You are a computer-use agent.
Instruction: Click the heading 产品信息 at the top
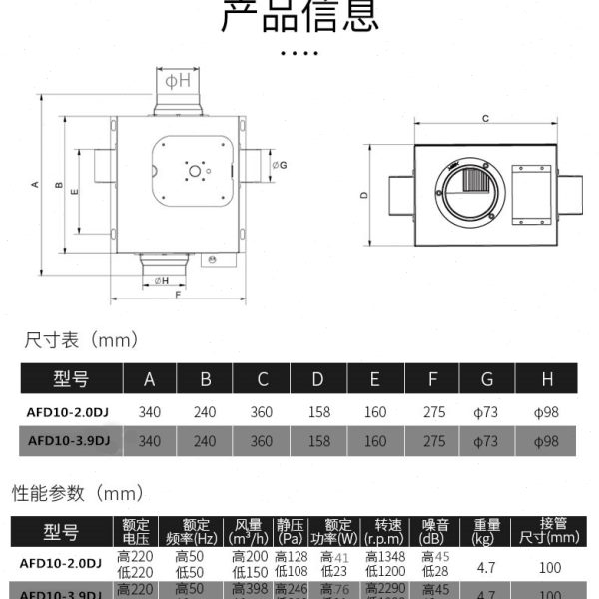click(x=299, y=15)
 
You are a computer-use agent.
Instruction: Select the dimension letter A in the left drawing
click(x=36, y=185)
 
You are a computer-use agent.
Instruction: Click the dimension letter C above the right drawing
click(x=484, y=119)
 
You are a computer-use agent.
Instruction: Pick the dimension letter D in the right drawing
click(x=364, y=195)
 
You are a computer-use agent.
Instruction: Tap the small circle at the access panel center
click(x=192, y=171)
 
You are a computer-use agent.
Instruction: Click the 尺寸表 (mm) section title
click(x=80, y=341)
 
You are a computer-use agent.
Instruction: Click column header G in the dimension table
click(x=487, y=378)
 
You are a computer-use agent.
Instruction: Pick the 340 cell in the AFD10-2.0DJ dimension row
click(x=150, y=409)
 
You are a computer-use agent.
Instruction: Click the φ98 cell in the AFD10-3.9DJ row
click(x=545, y=440)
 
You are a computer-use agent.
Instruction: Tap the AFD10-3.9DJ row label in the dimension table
click(x=69, y=440)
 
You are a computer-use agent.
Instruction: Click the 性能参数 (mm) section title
click(x=78, y=493)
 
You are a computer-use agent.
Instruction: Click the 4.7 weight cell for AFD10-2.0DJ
click(x=487, y=565)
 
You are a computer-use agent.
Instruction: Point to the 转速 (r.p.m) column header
click(x=387, y=530)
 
